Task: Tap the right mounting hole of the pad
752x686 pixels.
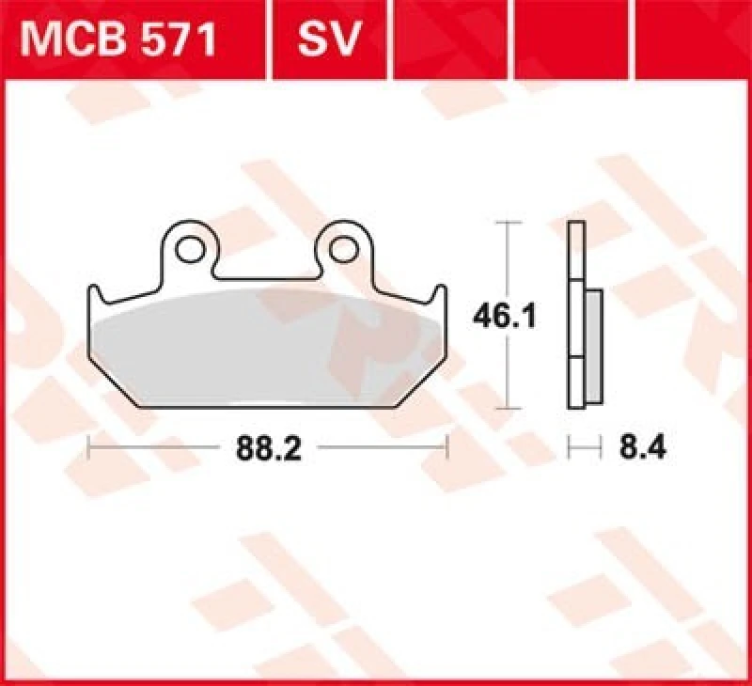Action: coord(345,250)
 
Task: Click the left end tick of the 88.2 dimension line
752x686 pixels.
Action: coord(87,449)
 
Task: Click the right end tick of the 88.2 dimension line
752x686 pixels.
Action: coord(448,449)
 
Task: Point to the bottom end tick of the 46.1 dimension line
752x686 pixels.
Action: coord(508,409)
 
